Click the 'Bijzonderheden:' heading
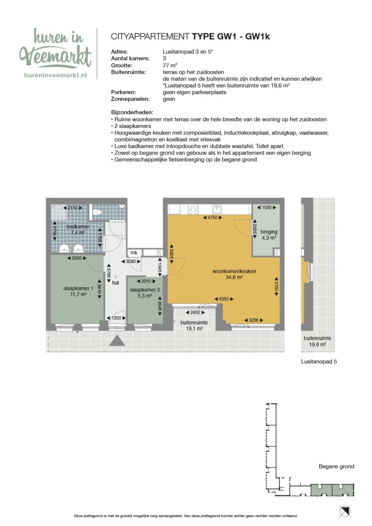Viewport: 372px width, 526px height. coord(132,112)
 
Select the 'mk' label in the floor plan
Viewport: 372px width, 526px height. coord(134,253)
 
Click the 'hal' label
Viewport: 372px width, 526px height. coord(115,283)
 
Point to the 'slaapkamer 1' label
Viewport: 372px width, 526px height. coord(75,291)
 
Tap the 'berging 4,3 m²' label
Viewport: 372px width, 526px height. coord(268,235)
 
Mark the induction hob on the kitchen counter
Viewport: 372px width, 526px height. coord(193,209)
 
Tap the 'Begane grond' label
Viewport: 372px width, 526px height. coord(336,467)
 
